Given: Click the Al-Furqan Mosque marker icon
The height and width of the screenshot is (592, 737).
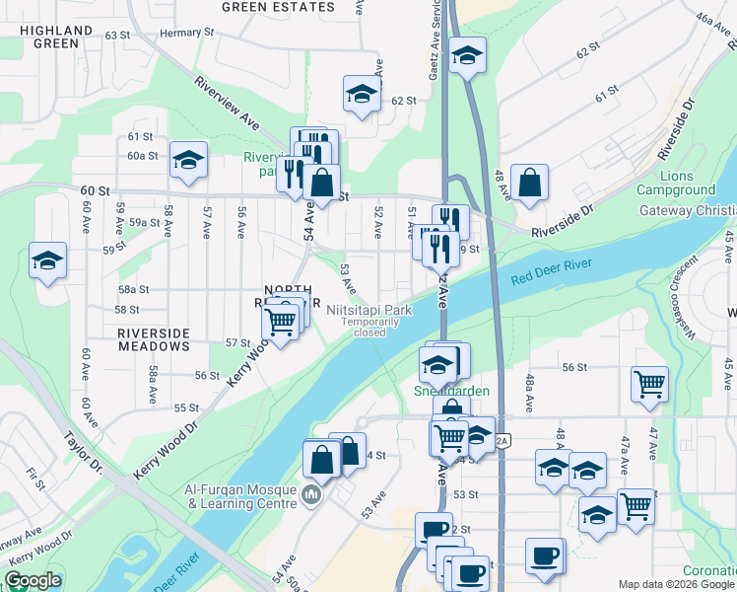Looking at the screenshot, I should pyautogui.click(x=311, y=492).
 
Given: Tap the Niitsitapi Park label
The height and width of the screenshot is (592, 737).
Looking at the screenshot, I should pyautogui.click(x=375, y=309).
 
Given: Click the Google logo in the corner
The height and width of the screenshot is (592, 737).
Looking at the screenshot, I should pyautogui.click(x=33, y=580).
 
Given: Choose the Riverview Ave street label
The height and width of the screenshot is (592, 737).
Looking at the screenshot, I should pyautogui.click(x=227, y=104).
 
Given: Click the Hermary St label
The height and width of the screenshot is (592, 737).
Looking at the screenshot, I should pyautogui.click(x=186, y=33).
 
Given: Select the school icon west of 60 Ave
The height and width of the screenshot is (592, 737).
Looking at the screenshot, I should pyautogui.click(x=47, y=261).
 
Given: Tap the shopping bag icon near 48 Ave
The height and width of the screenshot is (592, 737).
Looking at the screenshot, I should pyautogui.click(x=529, y=183).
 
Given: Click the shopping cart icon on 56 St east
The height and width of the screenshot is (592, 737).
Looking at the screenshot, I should pyautogui.click(x=649, y=385).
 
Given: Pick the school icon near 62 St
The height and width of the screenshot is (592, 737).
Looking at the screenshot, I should pyautogui.click(x=363, y=95).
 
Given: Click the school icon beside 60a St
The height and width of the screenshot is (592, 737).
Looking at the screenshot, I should pyautogui.click(x=188, y=161).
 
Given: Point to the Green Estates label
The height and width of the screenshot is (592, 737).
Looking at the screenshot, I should pyautogui.click(x=278, y=6).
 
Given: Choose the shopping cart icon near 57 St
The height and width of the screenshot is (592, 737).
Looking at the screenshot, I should pyautogui.click(x=281, y=322).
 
